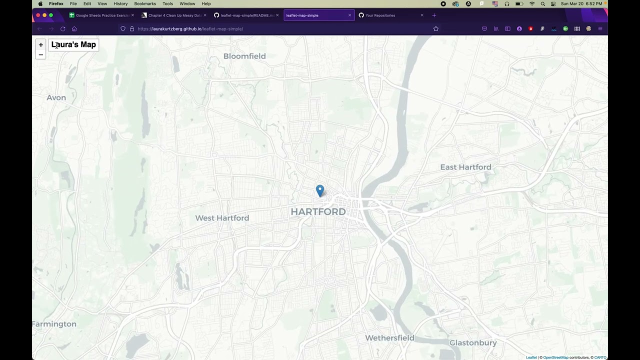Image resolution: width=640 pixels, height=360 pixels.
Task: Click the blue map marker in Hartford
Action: [x=320, y=190]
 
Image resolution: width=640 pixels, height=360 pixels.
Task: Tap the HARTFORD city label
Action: [x=318, y=212]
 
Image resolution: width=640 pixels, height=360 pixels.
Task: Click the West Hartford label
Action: [x=222, y=218]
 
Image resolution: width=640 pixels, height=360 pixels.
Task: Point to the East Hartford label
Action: [x=465, y=167]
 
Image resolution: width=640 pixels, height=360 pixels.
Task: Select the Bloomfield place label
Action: [x=244, y=56]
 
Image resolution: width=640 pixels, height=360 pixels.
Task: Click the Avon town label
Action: [x=56, y=97]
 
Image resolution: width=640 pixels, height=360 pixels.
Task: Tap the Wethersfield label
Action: [x=389, y=338]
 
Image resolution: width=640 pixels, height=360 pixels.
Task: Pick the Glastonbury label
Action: [x=473, y=343]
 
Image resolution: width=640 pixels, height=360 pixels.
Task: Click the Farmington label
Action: [x=54, y=324]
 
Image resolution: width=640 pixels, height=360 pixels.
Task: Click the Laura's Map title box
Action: [x=73, y=44]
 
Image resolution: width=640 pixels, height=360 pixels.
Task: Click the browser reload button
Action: [x=63, y=29]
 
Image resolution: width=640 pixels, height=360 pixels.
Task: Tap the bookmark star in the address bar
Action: [x=435, y=29]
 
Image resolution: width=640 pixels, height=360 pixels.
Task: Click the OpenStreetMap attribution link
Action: [x=555, y=357]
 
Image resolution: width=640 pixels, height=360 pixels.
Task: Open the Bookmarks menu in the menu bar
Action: [x=145, y=3]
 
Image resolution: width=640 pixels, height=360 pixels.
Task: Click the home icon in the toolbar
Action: [x=74, y=29]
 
